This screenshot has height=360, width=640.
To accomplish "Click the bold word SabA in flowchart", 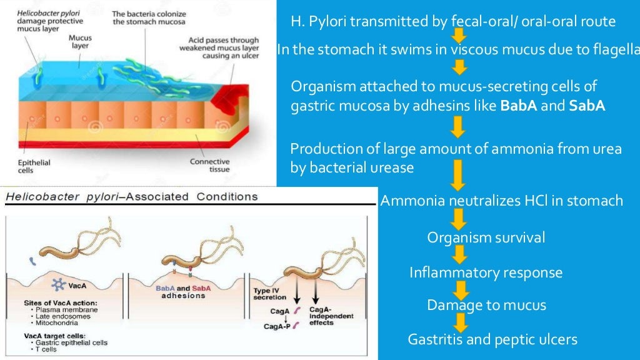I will click(587, 106).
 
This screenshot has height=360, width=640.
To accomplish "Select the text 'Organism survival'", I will click(486, 237).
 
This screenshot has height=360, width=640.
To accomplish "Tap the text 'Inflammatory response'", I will click(486, 273).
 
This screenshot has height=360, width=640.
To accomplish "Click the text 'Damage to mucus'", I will click(486, 305).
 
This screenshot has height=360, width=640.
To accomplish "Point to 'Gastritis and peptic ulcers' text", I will click(492, 339).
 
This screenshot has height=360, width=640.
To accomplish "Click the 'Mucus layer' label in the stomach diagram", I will click(80, 42).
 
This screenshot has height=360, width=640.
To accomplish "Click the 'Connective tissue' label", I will click(209, 166).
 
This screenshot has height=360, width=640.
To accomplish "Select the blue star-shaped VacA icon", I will click(59, 284).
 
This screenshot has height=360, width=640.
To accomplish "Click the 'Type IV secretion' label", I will click(270, 294).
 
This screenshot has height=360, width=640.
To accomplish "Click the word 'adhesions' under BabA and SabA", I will click(183, 295).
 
